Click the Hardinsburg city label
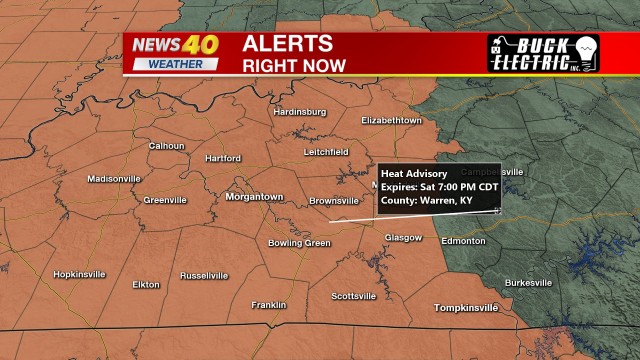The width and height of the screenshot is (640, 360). [x=300, y=112]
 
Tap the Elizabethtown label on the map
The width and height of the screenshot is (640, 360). [x=392, y=120]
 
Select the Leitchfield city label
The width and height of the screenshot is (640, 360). [x=326, y=152]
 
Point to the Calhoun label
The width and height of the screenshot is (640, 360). [x=167, y=146]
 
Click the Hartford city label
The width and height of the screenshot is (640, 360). [x=223, y=159]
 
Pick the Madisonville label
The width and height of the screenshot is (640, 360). [x=114, y=179]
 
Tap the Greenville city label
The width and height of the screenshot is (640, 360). [x=165, y=200]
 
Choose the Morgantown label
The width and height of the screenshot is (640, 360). [x=254, y=197]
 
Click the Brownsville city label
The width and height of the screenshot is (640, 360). [x=333, y=201]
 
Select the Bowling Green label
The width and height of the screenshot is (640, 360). [x=299, y=243]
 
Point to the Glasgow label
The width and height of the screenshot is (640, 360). [x=404, y=238]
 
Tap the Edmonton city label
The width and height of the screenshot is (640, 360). [x=464, y=242]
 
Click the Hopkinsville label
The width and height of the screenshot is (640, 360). [x=79, y=275]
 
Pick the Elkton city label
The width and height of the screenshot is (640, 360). [x=146, y=285]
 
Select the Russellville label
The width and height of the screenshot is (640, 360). [x=205, y=275]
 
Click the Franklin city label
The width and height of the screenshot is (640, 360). [x=269, y=305]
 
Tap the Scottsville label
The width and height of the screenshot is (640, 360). [x=354, y=296]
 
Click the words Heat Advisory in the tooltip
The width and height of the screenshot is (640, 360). [x=414, y=174]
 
